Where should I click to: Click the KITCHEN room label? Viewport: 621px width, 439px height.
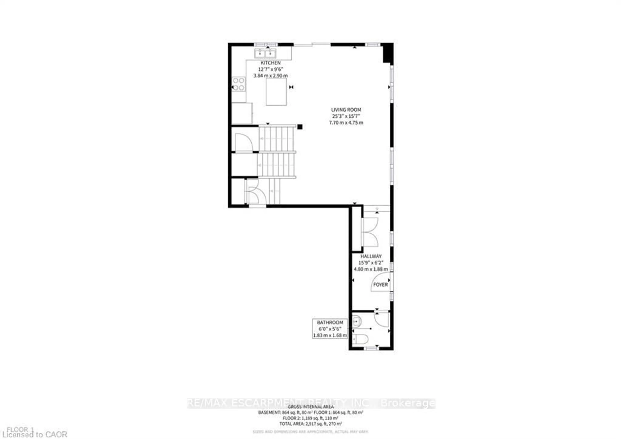[x=270, y=63]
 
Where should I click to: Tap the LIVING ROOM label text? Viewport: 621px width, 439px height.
[x=346, y=110]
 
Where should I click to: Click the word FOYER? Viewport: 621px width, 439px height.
[x=380, y=285]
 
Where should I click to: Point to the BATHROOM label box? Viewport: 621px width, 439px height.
[x=330, y=329]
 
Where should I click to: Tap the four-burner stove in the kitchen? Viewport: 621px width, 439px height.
[x=239, y=84]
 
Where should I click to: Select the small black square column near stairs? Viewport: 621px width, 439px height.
[x=300, y=127]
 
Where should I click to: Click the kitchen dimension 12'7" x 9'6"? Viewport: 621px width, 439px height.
[x=270, y=69]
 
